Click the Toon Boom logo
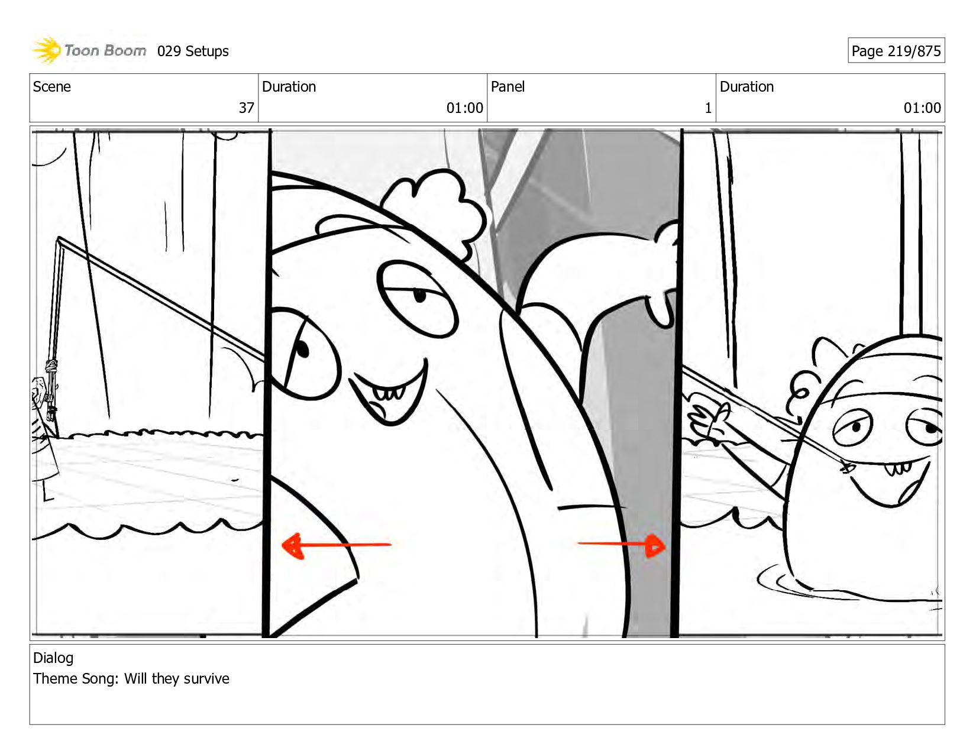click(x=89, y=50)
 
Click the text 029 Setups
click(x=193, y=51)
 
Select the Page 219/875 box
click(x=896, y=50)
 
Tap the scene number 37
click(x=246, y=108)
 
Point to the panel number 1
click(x=708, y=108)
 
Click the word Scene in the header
click(x=51, y=86)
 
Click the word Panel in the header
click(x=508, y=86)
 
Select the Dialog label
click(x=53, y=658)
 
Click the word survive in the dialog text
click(x=205, y=678)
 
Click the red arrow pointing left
click(x=336, y=546)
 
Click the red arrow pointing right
click(x=622, y=545)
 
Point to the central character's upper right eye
click(x=418, y=299)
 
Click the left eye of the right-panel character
click(x=852, y=427)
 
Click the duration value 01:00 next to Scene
click(x=464, y=108)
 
